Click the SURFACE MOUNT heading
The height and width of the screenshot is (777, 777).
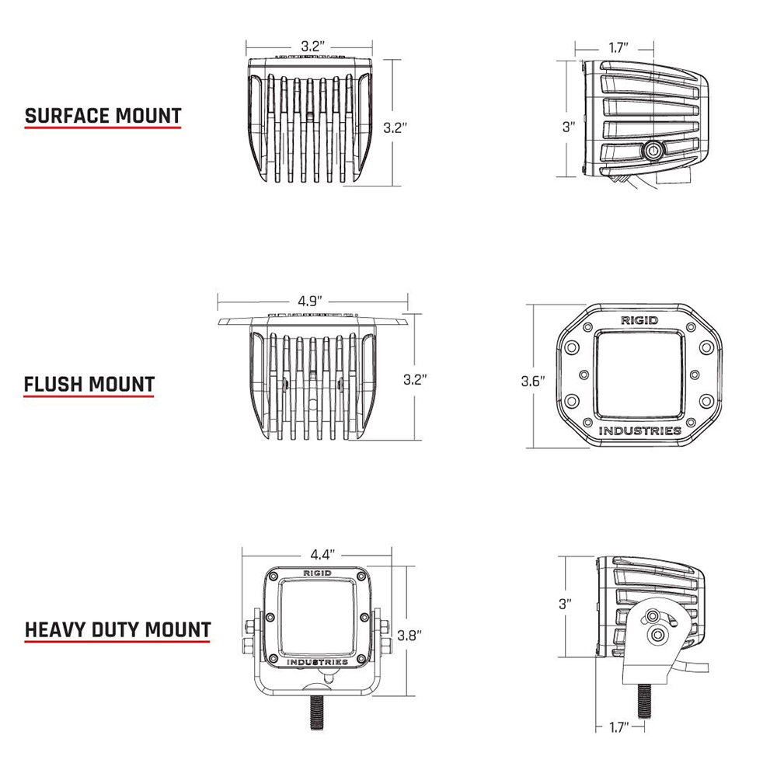click(103, 116)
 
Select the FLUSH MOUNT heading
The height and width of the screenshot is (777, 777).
click(89, 384)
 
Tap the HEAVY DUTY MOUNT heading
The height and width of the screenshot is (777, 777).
click(118, 629)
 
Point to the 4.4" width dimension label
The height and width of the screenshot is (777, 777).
click(322, 555)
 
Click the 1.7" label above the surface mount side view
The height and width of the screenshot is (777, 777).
click(619, 48)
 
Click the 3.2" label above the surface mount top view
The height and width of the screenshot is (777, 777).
click(312, 47)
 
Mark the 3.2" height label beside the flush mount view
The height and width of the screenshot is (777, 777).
click(415, 380)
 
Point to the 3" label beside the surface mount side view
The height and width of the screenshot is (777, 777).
click(569, 127)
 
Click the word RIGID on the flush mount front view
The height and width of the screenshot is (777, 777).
click(638, 320)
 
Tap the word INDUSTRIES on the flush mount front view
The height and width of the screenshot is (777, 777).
click(640, 430)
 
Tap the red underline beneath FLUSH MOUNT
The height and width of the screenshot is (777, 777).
click(89, 397)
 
